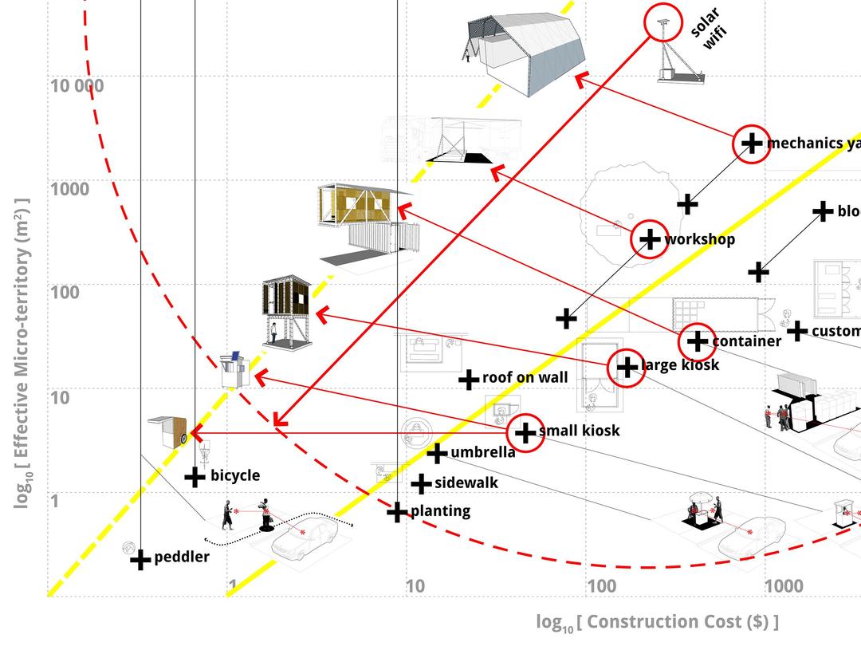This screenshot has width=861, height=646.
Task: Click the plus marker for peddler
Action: tap(140, 560)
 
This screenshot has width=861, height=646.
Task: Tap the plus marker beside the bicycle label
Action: tap(195, 477)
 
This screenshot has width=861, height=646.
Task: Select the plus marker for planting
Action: tap(397, 511)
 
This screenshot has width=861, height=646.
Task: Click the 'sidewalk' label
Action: tap(466, 483)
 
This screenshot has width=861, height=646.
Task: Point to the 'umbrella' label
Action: tap(482, 453)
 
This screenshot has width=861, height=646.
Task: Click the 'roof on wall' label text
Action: tap(525, 377)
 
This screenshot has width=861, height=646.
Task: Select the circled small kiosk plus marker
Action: tap(525, 432)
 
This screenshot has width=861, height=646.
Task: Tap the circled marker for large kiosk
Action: tap(627, 367)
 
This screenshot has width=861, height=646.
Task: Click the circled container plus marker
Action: tap(698, 341)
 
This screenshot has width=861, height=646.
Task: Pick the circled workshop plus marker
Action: tap(651, 238)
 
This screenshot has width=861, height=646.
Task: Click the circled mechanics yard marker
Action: tap(752, 144)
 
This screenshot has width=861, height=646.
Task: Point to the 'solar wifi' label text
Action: tap(709, 30)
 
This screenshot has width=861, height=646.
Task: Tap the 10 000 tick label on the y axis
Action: tap(77, 85)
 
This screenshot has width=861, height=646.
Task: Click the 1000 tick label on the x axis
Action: tap(784, 587)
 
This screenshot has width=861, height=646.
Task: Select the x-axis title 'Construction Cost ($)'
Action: tap(657, 622)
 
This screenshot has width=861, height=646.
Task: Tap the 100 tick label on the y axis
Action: tap(65, 292)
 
